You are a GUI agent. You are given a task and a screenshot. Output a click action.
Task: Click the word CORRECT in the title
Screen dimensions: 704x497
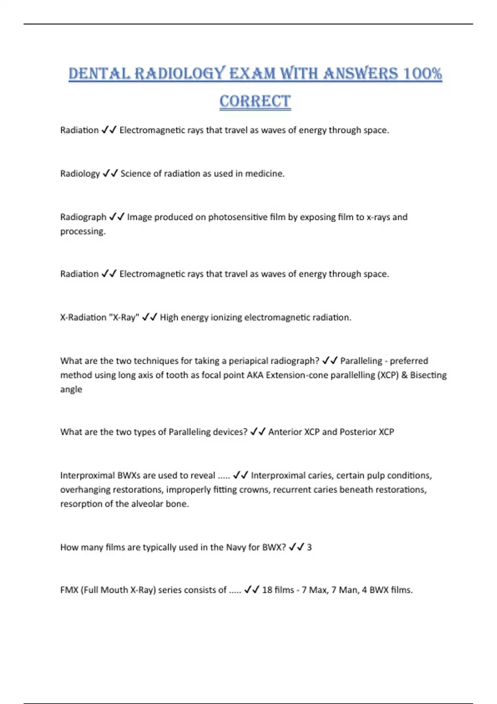point(255,101)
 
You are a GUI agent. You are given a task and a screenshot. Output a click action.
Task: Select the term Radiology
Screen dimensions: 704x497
point(80,174)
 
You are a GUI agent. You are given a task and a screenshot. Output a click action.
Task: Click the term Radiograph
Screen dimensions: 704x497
point(83,217)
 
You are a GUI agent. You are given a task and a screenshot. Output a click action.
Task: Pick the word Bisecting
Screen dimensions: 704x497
point(428,375)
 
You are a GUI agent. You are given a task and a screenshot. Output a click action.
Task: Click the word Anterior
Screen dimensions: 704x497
point(285,432)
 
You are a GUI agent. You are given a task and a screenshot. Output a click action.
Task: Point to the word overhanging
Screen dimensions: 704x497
point(85,490)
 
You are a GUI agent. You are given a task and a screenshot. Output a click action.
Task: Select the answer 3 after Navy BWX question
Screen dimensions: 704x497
point(309,547)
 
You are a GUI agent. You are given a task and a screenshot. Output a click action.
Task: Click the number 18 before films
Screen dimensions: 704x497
point(267,590)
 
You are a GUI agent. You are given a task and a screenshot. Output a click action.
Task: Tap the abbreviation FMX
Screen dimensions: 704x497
point(69,590)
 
